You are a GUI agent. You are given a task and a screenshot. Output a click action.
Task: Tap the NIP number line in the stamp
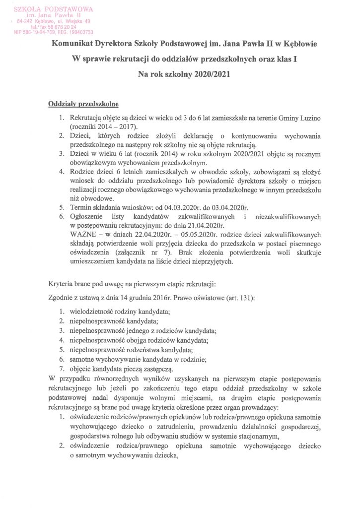coord(55,32)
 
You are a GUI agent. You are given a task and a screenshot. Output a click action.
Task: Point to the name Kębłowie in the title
coord(295,45)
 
